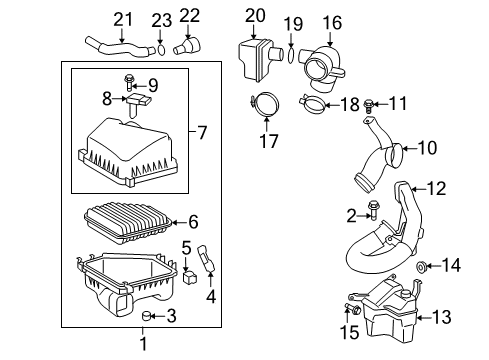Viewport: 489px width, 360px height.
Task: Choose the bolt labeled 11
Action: pos(371,102)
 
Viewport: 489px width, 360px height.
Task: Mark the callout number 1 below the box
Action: pos(142,345)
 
